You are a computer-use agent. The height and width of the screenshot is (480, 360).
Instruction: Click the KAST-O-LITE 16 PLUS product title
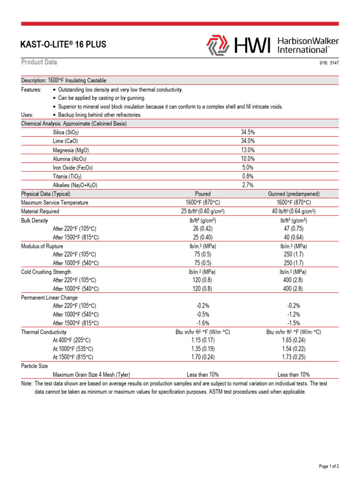click(x=64, y=45)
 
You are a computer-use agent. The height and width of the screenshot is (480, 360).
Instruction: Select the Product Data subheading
click(x=39, y=63)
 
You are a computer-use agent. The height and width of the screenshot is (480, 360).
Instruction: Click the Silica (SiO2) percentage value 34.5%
click(x=247, y=133)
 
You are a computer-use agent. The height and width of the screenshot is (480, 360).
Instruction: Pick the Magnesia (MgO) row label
click(x=71, y=150)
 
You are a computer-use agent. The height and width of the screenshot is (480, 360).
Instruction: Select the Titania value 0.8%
click(x=247, y=176)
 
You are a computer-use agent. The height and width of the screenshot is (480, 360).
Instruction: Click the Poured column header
click(x=202, y=194)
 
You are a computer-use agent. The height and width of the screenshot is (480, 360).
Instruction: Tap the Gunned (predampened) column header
click(x=294, y=194)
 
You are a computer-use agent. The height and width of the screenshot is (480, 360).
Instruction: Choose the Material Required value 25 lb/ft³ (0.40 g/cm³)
click(x=202, y=211)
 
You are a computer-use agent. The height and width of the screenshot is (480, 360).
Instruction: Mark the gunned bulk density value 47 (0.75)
click(x=294, y=228)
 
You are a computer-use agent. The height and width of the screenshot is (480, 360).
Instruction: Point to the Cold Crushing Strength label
click(x=46, y=272)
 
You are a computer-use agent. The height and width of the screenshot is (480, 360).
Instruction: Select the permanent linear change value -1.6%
click(x=202, y=323)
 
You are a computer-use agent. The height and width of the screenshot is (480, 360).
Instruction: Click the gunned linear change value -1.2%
click(x=294, y=315)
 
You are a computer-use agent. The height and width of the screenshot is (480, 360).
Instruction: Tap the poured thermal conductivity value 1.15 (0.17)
click(x=202, y=340)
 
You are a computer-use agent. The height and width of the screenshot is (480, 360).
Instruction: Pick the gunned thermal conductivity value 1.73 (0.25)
click(x=294, y=357)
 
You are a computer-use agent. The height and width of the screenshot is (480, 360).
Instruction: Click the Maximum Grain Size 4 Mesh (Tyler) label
click(x=91, y=375)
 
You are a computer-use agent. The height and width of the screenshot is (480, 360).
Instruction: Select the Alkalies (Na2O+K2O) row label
click(x=75, y=185)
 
